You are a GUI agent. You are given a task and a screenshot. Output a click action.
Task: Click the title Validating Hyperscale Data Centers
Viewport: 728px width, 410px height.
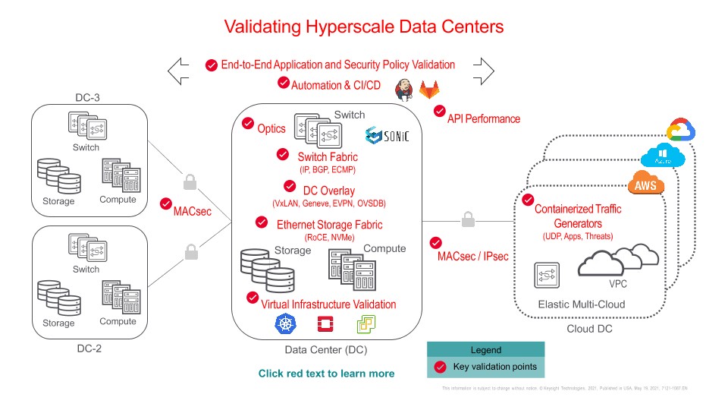[363, 27]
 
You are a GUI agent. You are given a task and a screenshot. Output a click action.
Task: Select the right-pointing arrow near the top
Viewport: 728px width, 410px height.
[482, 71]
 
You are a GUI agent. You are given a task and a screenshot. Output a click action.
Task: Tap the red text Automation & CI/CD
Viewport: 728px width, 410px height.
[336, 85]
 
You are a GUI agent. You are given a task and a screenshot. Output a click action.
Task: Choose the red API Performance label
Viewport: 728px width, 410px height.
[483, 118]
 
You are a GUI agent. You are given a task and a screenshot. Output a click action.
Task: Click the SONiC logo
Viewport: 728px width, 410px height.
[387, 136]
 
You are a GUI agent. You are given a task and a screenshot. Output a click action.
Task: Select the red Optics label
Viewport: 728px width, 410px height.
[271, 128]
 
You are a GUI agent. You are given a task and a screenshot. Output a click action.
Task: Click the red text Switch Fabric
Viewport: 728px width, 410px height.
[316, 156]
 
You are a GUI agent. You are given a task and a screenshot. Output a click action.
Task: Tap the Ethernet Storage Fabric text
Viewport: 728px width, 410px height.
[329, 224]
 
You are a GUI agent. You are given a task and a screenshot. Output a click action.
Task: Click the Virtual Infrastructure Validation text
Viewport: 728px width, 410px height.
[328, 304]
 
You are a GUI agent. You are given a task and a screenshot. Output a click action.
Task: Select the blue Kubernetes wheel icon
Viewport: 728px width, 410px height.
[284, 326]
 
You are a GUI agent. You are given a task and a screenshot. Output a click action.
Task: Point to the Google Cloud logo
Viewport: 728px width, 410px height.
[681, 131]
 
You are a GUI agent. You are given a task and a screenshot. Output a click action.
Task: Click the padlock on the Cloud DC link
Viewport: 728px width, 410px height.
[468, 220]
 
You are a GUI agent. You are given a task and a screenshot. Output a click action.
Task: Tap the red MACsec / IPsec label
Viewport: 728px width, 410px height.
[472, 256]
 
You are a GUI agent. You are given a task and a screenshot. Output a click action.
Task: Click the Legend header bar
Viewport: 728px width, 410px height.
[485, 350]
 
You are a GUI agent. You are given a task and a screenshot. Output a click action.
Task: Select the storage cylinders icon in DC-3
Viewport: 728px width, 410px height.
[58, 175]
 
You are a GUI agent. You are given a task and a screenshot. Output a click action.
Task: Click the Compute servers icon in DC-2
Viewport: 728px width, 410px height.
[118, 297]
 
